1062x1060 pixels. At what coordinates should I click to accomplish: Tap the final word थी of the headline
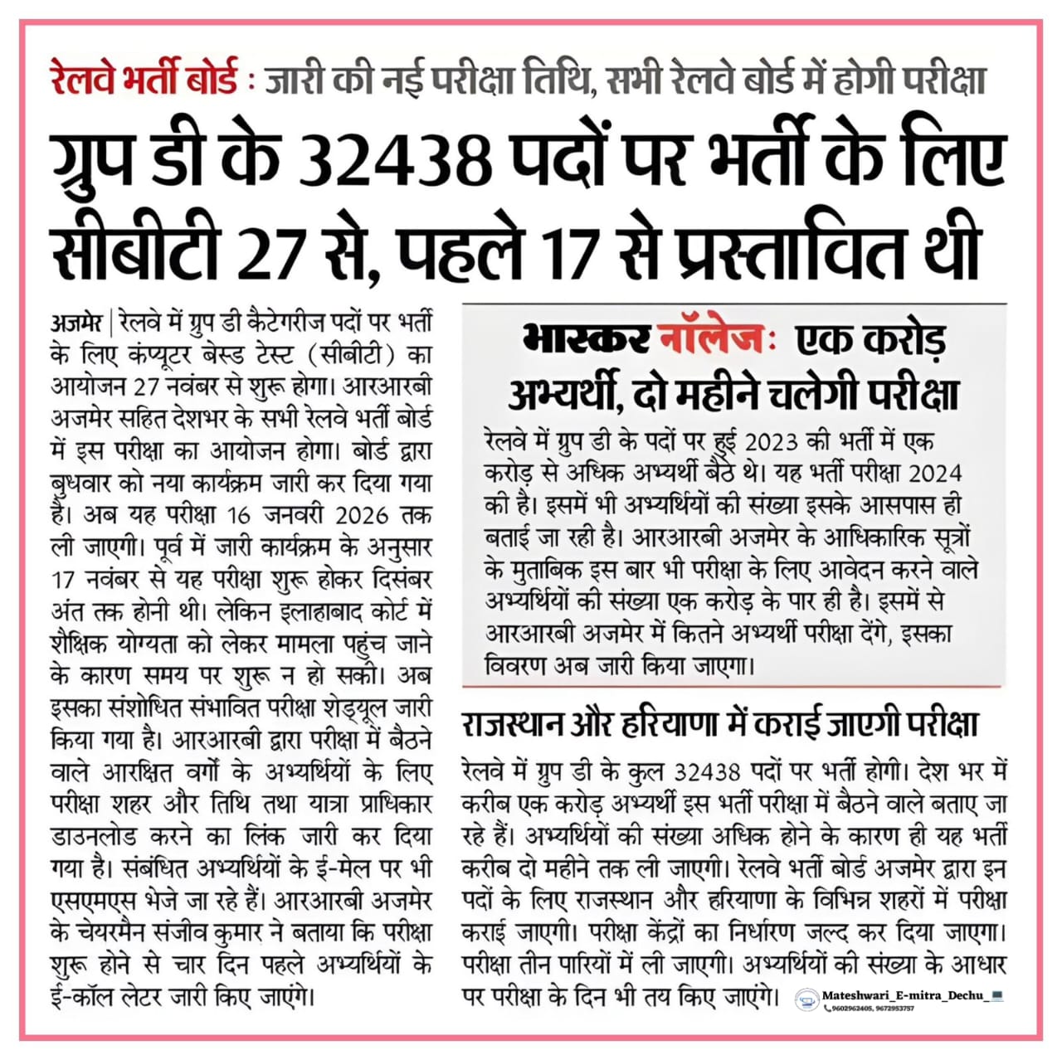coord(955,246)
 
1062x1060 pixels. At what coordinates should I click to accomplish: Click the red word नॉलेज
coord(708,340)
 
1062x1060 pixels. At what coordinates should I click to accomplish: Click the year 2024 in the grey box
coord(935,473)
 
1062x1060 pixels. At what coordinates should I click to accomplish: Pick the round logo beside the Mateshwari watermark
coord(806,1000)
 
